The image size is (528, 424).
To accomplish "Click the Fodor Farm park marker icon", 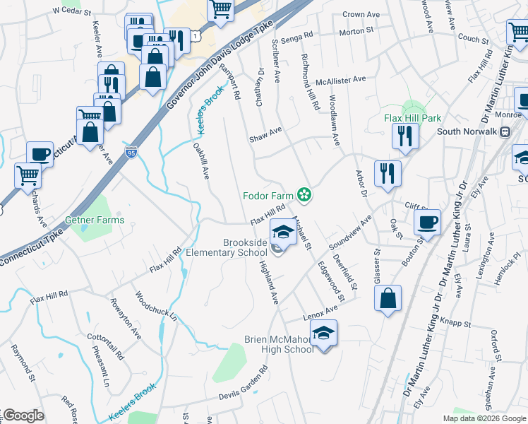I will tap(305, 194).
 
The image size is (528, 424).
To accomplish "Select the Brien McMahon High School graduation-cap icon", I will tap(323, 332).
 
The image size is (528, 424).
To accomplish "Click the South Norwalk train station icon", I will tap(505, 131).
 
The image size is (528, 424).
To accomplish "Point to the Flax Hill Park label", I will tap(412, 118).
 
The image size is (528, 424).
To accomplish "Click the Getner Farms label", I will tap(95, 220).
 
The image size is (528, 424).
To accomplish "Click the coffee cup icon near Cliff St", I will tap(427, 222).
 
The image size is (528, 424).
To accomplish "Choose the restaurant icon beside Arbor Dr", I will tap(388, 173).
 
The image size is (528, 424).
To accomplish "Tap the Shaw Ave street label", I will tap(265, 134).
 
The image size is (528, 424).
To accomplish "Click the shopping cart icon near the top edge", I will tap(221, 9).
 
